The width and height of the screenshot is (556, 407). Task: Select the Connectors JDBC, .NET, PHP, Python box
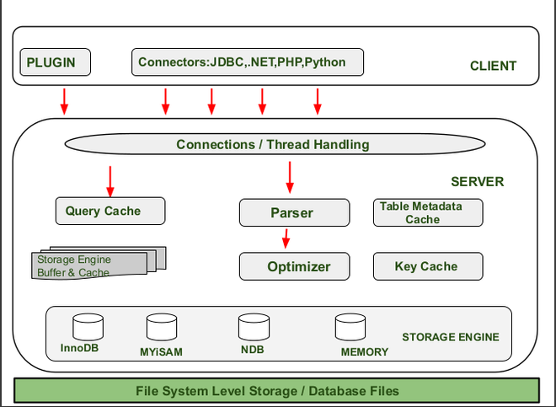238,62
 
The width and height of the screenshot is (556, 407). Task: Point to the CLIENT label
493,66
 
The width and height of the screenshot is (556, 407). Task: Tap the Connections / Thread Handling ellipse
272,144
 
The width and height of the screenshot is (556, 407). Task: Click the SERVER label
477,181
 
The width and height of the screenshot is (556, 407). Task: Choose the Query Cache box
110,211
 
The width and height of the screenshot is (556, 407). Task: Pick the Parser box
294,212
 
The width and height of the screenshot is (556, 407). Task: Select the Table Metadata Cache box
428,212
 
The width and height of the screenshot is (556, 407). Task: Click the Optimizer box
294,266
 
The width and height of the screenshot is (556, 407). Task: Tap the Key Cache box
428,266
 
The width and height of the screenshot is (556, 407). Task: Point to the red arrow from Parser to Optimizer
286,238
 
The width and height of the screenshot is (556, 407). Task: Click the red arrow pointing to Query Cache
110,179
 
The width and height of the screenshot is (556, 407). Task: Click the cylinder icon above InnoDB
88,327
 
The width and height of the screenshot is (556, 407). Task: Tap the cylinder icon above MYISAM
161,327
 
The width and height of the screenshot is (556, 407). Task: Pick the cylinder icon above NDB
254,327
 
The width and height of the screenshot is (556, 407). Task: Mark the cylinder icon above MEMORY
350,327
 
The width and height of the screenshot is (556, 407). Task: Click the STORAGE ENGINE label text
450,337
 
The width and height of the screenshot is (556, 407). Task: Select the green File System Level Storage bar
277,391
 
